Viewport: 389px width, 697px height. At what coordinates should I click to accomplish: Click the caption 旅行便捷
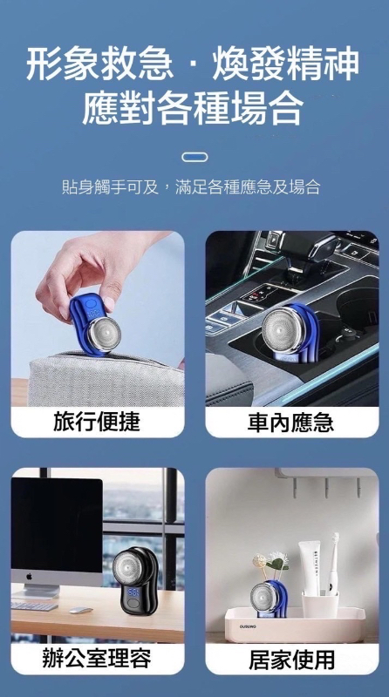coord(97,422)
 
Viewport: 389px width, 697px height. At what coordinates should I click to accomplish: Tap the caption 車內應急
coord(290,422)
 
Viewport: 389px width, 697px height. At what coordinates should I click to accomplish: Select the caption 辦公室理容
coord(97,659)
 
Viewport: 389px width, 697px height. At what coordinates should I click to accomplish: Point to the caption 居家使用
coord(291,660)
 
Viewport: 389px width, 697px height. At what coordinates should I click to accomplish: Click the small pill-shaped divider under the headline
coord(194,157)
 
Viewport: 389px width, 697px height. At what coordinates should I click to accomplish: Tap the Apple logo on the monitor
coord(30,577)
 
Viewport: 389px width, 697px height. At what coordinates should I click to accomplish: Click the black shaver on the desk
coord(135,580)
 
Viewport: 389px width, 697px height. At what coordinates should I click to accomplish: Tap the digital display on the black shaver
coord(134,592)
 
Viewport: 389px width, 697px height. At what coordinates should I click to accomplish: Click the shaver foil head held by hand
coord(104,334)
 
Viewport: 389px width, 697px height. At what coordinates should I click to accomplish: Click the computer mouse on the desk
coord(80,610)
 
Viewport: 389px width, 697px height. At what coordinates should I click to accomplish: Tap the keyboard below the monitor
coord(34,605)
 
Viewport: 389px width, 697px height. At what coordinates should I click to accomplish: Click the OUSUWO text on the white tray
coord(249,626)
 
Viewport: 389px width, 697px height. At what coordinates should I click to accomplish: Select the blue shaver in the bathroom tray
coord(269,599)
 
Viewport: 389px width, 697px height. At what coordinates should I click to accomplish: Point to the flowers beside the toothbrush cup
coord(270,562)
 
